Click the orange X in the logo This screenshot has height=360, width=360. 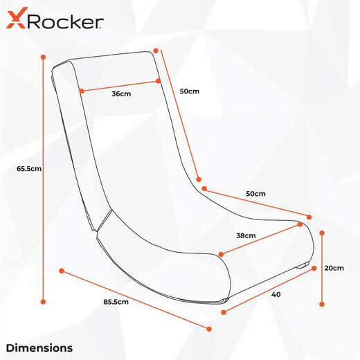pyautogui.click(x=16, y=18)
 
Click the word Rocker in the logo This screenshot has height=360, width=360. pyautogui.click(x=66, y=22)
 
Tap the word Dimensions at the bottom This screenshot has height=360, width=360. pyautogui.click(x=39, y=348)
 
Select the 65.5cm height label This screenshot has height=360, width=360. pyautogui.click(x=29, y=169)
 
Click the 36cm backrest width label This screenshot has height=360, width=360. pyautogui.click(x=121, y=93)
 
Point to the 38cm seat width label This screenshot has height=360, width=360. pyautogui.click(x=246, y=235)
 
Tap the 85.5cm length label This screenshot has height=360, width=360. pyautogui.click(x=116, y=302)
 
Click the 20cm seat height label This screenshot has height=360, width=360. pyautogui.click(x=334, y=268)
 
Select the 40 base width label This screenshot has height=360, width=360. pyautogui.click(x=276, y=294)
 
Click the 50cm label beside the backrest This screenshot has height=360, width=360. pyautogui.click(x=190, y=91)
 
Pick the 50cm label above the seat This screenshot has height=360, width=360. pyautogui.click(x=255, y=194)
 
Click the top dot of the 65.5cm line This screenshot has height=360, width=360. pyautogui.click(x=43, y=57)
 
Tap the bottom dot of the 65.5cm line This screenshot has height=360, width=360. pyautogui.click(x=43, y=302)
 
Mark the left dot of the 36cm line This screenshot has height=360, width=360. pyautogui.click(x=82, y=91)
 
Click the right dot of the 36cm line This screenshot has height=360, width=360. pyautogui.click(x=158, y=81)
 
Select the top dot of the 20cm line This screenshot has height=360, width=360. pyautogui.click(x=322, y=233)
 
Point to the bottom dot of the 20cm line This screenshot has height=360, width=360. pyautogui.click(x=322, y=305)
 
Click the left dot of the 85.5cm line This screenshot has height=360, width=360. pyautogui.click(x=62, y=271)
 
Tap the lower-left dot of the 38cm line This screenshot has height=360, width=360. pyautogui.click(x=221, y=254)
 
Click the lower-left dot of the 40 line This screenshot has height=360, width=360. pyautogui.click(x=224, y=312)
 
